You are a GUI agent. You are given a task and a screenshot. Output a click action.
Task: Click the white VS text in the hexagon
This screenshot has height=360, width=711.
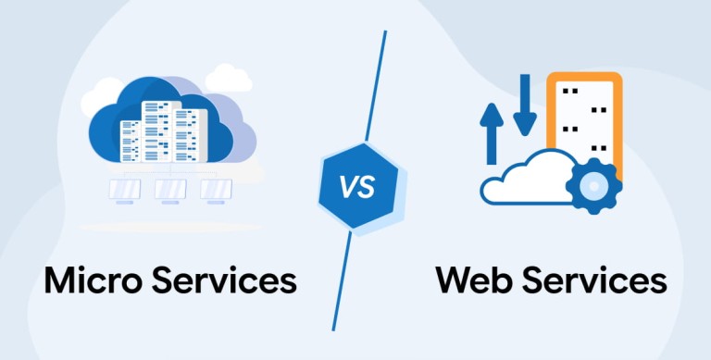tap(357, 187)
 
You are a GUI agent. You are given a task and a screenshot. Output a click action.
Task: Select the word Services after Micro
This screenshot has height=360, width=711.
tap(224, 279)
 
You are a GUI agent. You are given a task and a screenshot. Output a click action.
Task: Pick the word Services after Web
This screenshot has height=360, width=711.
tap(594, 279)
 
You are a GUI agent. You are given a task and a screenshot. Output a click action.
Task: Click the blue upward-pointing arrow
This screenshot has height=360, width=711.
tap(492, 134)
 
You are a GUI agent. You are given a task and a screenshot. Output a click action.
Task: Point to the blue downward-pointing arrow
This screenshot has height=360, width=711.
tap(525, 105)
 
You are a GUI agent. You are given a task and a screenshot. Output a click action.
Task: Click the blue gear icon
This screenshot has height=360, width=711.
tap(593, 186)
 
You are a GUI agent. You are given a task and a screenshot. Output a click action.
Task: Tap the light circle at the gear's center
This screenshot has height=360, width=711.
tap(593, 186)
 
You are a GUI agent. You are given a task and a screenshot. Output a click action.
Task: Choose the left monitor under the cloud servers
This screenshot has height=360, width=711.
tap(125, 191)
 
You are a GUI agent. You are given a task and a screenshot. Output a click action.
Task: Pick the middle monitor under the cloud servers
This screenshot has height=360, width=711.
tap(170, 191)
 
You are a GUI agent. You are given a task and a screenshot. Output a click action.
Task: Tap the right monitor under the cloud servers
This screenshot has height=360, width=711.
tap(217, 191)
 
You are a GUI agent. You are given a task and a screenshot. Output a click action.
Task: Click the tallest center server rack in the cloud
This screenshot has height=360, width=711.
tap(156, 131)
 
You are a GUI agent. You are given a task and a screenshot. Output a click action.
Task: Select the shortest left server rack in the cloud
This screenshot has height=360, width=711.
tap(131, 141)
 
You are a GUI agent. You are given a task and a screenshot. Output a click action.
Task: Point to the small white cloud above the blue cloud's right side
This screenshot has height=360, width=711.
tap(228, 78)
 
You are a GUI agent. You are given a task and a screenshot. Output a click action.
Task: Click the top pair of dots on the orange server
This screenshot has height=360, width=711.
tap(570, 91)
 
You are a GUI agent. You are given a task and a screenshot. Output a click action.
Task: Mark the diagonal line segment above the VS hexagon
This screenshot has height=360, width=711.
tap(376, 85)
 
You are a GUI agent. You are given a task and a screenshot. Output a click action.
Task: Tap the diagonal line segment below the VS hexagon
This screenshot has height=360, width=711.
tap(342, 281)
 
